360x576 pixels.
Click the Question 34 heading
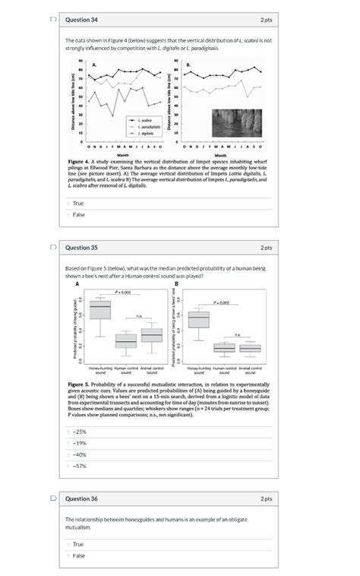click(81, 19)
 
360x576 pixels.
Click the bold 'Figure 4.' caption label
click(79, 162)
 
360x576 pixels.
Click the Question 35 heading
click(81, 248)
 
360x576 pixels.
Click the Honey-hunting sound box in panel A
click(100, 311)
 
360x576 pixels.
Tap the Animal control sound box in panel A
click(151, 335)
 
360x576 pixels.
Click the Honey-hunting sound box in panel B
click(198, 320)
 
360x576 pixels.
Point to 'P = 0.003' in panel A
click(125, 292)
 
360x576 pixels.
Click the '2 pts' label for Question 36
click(266, 498)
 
